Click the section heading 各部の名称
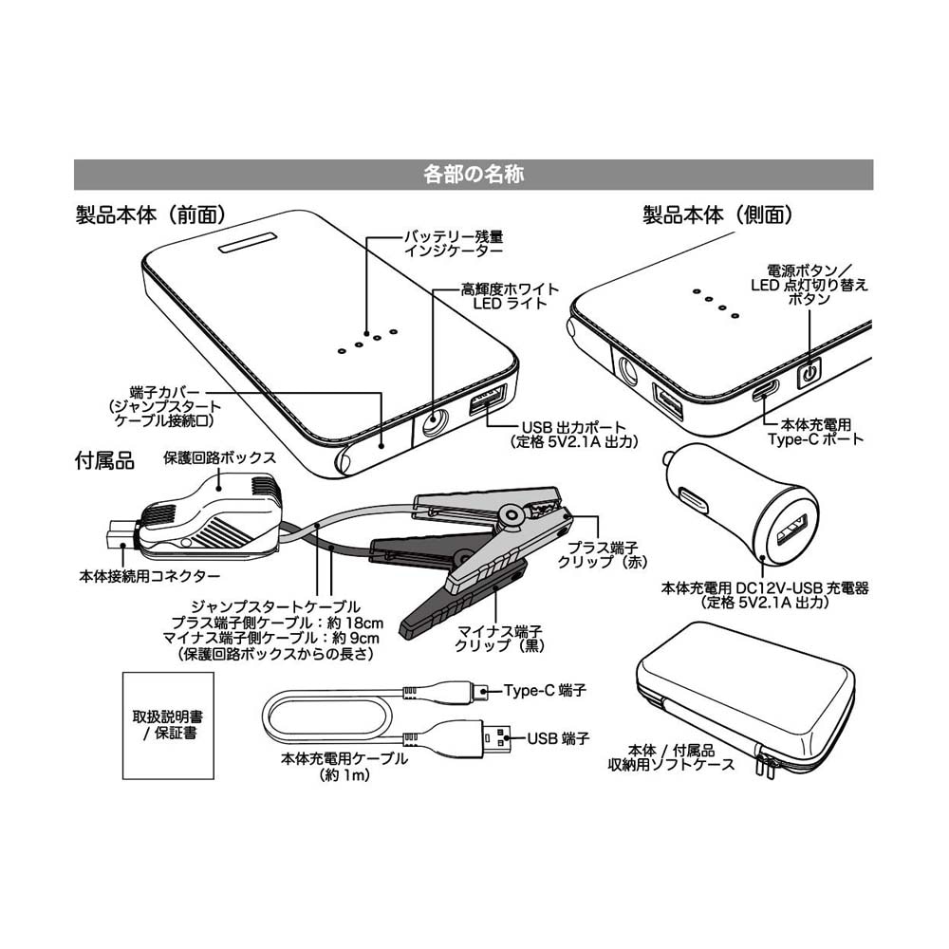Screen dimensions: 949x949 (474, 176)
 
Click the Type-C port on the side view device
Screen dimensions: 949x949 (766, 390)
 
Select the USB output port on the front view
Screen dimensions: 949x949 (487, 400)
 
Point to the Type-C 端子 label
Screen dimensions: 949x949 (545, 691)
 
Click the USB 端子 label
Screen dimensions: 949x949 (559, 737)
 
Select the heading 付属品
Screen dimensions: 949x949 (104, 462)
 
